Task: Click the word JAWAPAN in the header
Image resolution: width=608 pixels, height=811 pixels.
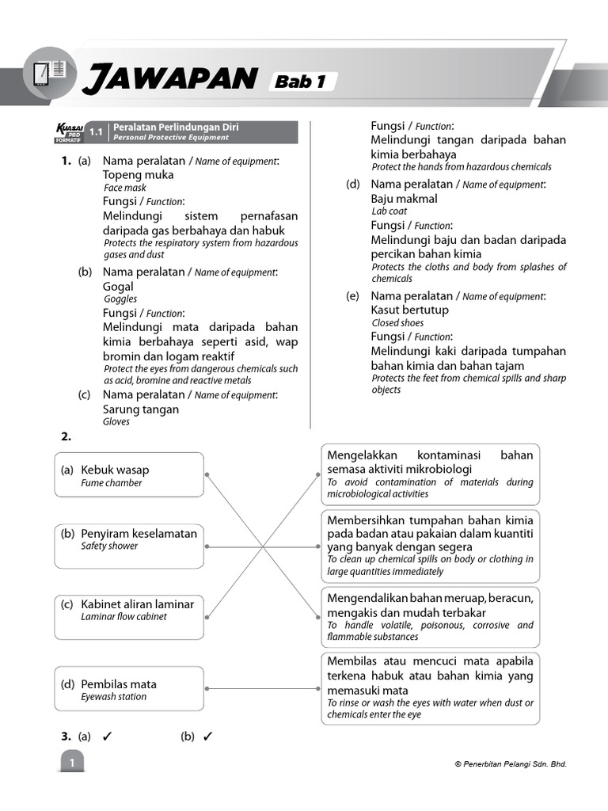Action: [x=169, y=79]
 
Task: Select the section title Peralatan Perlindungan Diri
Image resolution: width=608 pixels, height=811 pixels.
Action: [x=176, y=127]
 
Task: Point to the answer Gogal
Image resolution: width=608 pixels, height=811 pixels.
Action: [x=118, y=287]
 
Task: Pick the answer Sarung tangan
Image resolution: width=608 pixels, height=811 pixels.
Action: [x=141, y=409]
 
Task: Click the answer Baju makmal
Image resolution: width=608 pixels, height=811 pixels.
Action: [x=404, y=199]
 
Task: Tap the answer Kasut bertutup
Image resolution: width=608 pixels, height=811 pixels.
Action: [x=409, y=310]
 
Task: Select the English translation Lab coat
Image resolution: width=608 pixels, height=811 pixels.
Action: [x=389, y=211]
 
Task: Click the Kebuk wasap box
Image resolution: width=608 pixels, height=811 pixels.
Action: [x=129, y=475]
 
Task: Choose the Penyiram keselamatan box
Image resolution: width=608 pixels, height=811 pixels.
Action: [x=129, y=546]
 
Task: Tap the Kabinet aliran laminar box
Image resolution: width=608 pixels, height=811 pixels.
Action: [x=129, y=616]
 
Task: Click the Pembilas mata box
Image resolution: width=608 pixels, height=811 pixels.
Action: [x=129, y=689]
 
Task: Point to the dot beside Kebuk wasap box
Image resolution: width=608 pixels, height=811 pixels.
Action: [x=207, y=475]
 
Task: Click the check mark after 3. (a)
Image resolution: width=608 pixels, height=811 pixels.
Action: [x=107, y=737]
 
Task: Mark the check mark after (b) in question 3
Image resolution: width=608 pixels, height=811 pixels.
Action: [x=208, y=737]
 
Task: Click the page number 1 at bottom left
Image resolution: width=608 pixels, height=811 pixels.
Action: [x=71, y=763]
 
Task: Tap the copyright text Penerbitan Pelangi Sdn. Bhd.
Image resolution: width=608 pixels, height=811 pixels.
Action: [x=511, y=764]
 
